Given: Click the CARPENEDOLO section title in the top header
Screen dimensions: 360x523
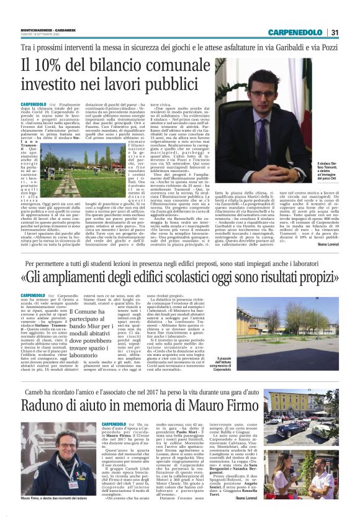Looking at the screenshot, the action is click(x=296, y=32).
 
